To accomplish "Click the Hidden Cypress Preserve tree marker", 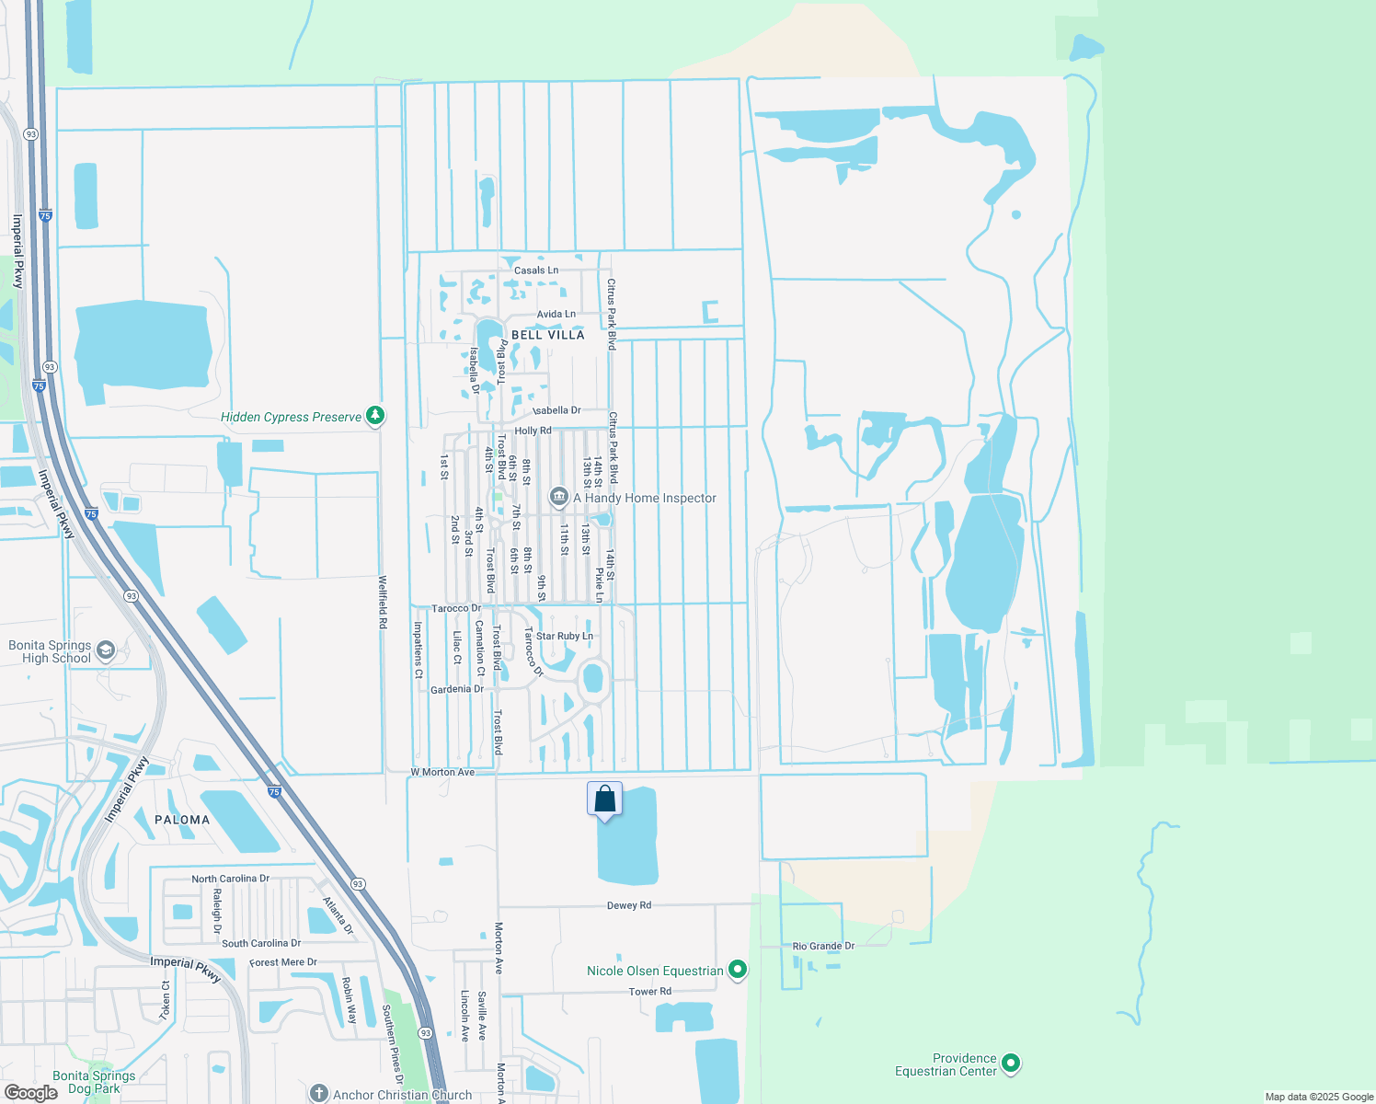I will pos(375,416).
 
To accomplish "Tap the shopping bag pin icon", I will pos(604,799).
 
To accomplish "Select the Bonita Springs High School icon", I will pos(106,651).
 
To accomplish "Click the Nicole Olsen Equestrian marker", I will pos(737,970).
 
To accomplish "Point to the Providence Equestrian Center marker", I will pos(1011,1064).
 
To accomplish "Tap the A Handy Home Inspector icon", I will pos(558,498).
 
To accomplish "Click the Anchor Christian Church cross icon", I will pos(318,1094).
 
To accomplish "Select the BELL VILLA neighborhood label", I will pos(547,335).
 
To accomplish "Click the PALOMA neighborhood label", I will pos(182,820).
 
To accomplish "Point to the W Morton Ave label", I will pos(442,772).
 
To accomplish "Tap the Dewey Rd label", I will pos(629,905).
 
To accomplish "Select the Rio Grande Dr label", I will pos(823,946).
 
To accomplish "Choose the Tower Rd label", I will pos(650,991).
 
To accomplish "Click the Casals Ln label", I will pos(536,270).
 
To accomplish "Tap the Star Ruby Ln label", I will pos(565,636).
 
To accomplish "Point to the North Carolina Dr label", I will pos(230,879).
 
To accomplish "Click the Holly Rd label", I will pos(533,431).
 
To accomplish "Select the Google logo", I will pos(30,1093).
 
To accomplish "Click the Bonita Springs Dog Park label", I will pos(94,1082).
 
